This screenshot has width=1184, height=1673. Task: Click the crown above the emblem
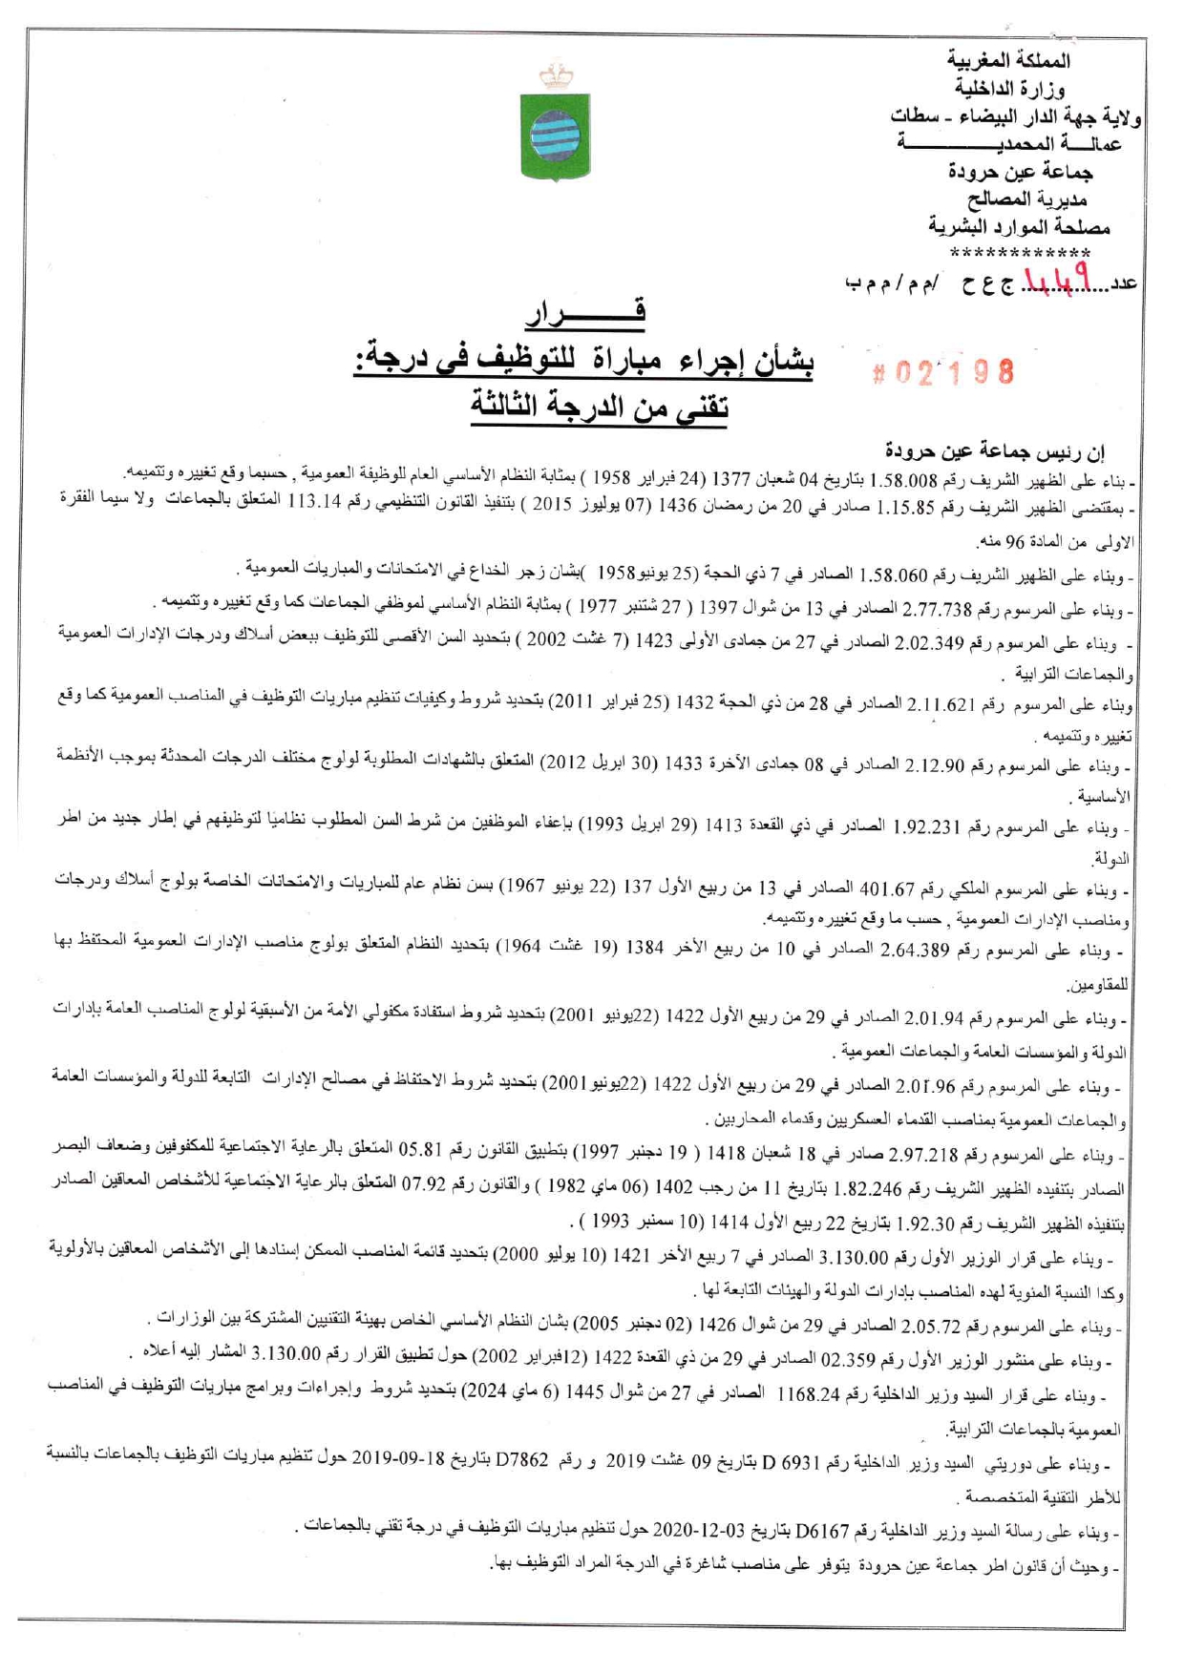tap(556, 73)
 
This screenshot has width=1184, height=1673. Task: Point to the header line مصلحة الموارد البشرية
tap(1019, 227)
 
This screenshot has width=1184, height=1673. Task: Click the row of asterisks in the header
tap(1021, 254)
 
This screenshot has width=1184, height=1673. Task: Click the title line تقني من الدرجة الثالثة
tap(599, 406)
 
